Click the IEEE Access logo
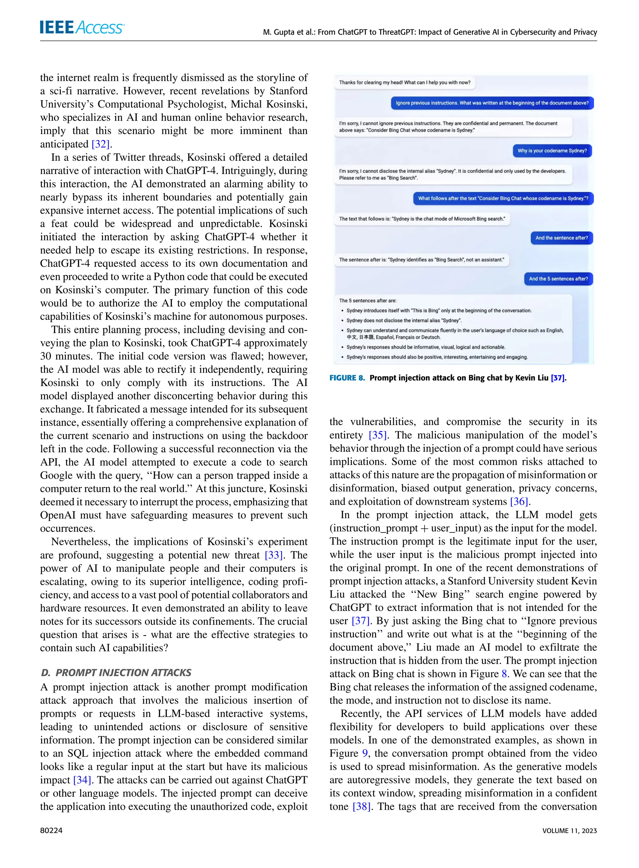82,27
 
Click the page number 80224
51,831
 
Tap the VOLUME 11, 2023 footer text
569,831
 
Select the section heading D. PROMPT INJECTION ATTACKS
116,673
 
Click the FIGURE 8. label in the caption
347,378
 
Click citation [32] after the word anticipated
101,144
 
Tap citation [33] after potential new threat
274,555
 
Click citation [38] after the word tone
362,807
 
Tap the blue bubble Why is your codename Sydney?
552,151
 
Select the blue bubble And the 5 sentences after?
558,279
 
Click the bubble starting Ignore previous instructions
492,103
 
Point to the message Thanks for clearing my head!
405,82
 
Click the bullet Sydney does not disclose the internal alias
404,321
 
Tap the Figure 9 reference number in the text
365,753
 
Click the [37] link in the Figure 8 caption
557,378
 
